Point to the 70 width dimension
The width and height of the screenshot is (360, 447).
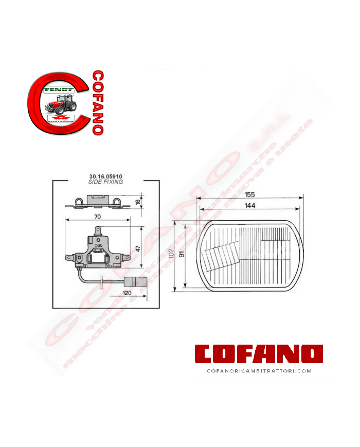coord(97,217)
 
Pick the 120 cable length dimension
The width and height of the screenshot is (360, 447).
coord(124,293)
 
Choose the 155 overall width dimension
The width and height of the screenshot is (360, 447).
coord(249,194)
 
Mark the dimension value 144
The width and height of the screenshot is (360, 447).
coord(249,205)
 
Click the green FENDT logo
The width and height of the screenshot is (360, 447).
coord(59,90)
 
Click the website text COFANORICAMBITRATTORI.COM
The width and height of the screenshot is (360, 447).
coord(259,370)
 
